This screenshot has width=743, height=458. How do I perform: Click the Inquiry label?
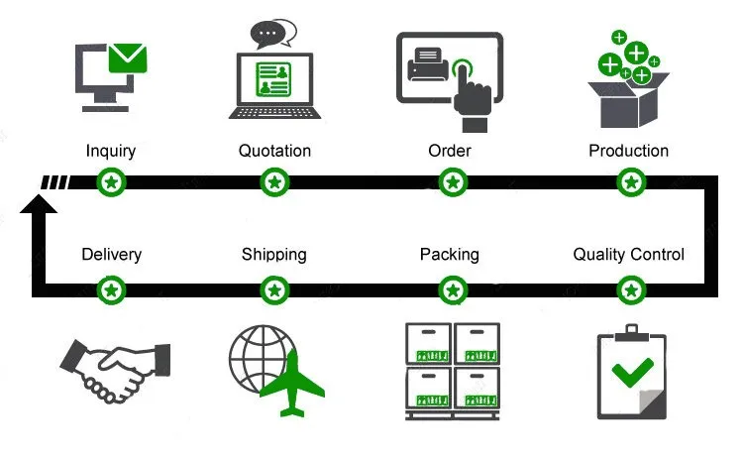tap(111, 152)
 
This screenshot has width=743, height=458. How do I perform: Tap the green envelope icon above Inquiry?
tap(128, 58)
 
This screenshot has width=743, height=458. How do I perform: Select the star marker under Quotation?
tap(274, 182)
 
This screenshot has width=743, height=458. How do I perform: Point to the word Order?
tap(450, 151)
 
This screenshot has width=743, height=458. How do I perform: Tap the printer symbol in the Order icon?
tap(427, 64)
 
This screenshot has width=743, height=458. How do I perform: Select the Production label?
tap(628, 151)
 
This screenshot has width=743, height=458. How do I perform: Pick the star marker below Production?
tap(631, 182)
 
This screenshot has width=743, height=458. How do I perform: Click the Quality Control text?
tap(628, 255)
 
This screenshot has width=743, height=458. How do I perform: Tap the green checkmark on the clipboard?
tap(633, 372)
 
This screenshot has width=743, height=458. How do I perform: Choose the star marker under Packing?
tap(453, 290)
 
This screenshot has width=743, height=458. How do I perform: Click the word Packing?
tap(449, 255)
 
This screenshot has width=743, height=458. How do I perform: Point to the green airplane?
tap(292, 384)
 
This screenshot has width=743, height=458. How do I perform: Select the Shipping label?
tap(273, 255)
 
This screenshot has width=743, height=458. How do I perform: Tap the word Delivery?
tap(111, 255)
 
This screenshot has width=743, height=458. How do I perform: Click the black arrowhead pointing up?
tap(39, 204)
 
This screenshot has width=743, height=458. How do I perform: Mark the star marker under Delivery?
tap(111, 290)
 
